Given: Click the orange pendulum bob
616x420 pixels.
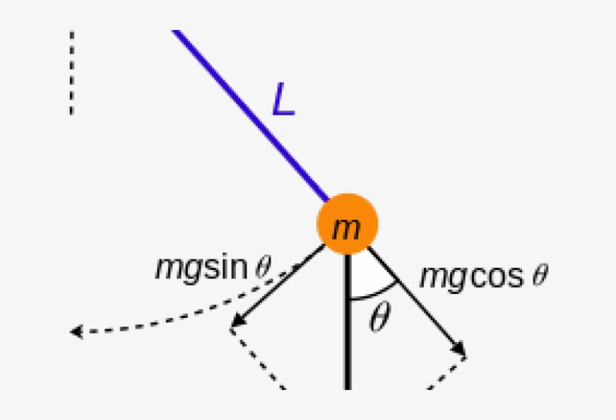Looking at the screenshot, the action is point(348,224).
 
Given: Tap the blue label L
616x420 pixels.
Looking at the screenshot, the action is point(284,99).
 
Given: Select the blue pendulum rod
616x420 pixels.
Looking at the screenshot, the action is point(250,115).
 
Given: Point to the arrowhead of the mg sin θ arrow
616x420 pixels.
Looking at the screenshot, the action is point(237,320).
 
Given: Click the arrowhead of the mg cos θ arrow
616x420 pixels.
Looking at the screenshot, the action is point(459,349).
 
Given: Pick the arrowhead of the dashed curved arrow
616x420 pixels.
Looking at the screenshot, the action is point(76,331).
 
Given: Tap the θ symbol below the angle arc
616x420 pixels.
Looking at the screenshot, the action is point(380,316).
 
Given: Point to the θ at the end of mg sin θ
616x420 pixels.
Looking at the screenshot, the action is point(263,267).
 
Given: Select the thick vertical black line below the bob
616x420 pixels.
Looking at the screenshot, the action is point(348,322).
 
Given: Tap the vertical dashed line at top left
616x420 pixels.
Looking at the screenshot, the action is point(71,73).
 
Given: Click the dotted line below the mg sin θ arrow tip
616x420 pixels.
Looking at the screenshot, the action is point(258,359).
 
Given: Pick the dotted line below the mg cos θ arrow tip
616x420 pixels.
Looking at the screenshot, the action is point(447,373).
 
